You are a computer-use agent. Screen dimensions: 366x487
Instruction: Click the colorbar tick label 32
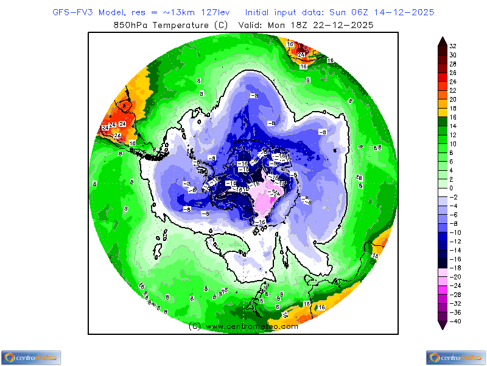(x=453, y=46)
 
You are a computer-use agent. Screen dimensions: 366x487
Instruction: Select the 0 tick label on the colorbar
(x=452, y=188)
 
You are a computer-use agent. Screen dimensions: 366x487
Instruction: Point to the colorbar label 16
(x=453, y=117)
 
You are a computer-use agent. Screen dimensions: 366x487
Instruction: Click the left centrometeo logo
(x=30, y=357)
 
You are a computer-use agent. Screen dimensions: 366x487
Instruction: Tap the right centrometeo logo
(x=456, y=357)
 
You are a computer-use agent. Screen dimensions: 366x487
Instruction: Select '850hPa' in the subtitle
(x=130, y=25)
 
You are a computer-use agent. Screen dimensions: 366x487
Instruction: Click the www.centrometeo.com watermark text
(x=252, y=326)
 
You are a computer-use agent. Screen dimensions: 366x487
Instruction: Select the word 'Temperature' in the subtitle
(x=180, y=25)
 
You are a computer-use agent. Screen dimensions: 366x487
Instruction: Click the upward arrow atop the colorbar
(x=442, y=41)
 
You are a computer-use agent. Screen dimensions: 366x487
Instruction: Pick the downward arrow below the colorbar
(x=442, y=326)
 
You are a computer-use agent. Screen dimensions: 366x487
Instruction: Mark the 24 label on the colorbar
(x=453, y=81)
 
